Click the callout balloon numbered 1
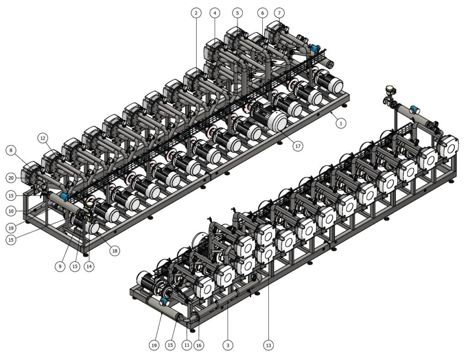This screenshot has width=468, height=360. [341, 123]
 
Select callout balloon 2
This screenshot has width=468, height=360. [196, 13]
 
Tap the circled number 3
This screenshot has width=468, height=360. [228, 345]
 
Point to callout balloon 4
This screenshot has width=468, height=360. [215, 13]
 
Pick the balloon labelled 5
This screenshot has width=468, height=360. [237, 13]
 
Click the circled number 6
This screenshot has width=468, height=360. [262, 13]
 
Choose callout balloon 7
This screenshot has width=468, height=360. [279, 13]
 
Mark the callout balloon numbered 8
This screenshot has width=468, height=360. [11, 150]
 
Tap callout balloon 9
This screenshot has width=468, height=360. [60, 266]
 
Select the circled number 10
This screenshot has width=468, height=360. [11, 211]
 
